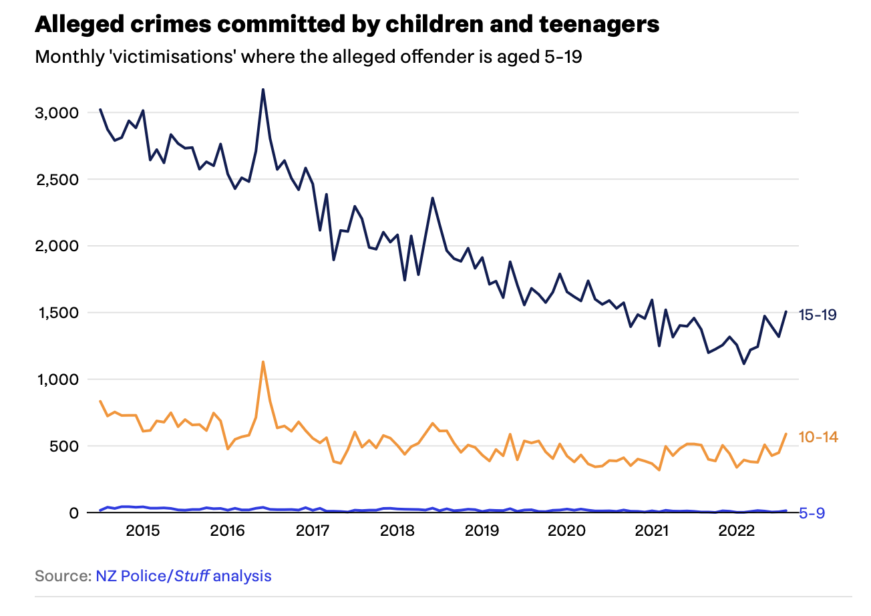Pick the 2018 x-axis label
[397, 532]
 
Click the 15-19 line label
[818, 315]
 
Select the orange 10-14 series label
[818, 437]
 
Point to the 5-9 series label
[813, 513]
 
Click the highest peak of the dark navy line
[263, 89]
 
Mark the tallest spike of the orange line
[263, 361]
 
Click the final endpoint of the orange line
[786, 434]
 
